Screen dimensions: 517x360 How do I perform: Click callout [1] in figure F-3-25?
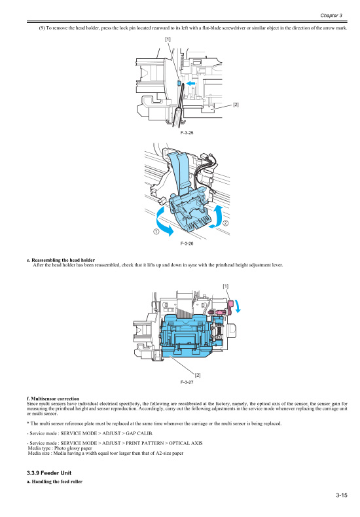[168, 40]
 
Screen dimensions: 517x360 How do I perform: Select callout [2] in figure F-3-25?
[236, 105]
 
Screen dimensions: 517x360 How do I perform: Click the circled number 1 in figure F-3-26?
[156, 231]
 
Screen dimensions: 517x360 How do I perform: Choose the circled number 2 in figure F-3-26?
[225, 224]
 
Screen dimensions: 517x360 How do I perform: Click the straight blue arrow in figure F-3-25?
[190, 84]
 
